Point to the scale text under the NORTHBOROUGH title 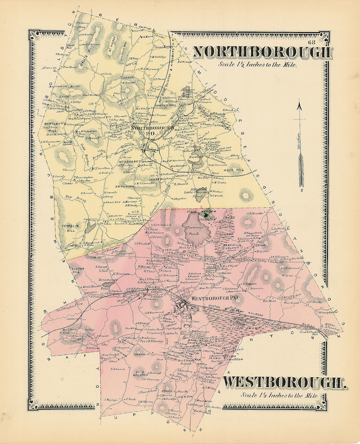(258, 64)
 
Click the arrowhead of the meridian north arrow (300, 107)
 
